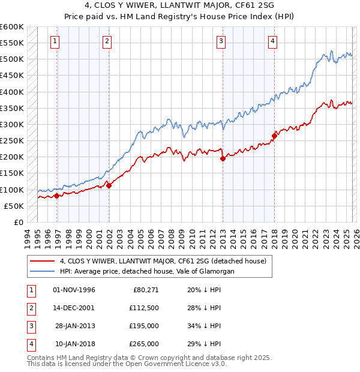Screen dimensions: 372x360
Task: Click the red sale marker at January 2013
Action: [x=223, y=159]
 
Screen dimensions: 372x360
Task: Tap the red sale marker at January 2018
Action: [x=274, y=136]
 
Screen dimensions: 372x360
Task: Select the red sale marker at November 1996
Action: [x=56, y=196]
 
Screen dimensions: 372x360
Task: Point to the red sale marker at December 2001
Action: [x=109, y=185]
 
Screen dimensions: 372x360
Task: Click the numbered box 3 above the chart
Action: [x=221, y=41]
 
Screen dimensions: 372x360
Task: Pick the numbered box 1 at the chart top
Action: [x=55, y=41]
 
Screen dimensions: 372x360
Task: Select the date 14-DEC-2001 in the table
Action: [x=74, y=308]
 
